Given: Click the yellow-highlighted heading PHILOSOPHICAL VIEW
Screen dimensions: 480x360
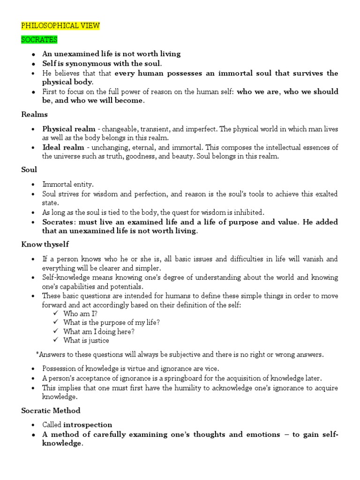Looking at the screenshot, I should pos(60,25).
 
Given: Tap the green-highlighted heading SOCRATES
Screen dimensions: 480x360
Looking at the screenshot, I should pos(39,40).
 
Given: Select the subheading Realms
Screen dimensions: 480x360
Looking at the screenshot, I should pos(35,114).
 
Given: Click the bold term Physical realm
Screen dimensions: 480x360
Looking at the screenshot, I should pos(69,128).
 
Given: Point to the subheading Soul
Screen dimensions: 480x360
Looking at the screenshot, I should pos(29,170).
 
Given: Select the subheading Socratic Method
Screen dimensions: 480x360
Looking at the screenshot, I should pos(51,410).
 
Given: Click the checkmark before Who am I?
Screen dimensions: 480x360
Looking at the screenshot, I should pos(56,313).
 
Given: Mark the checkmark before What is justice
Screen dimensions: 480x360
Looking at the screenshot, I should pos(56,340).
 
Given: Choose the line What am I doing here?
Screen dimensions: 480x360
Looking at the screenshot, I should pos(99,331).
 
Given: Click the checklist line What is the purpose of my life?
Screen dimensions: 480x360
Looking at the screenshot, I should pos(112,322).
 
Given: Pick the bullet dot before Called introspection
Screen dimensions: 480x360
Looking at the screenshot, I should pos(33,425).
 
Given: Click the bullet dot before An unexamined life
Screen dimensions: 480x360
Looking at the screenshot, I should pos(33,54).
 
